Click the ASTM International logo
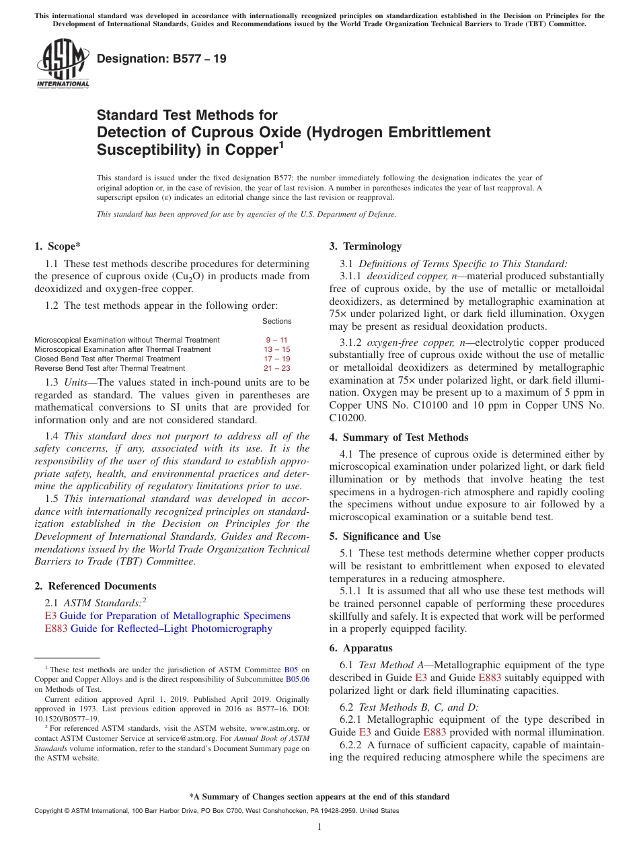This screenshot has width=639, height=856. [63, 63]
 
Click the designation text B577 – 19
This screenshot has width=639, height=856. [161, 59]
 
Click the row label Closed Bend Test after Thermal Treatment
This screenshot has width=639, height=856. [107, 359]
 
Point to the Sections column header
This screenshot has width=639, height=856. [276, 321]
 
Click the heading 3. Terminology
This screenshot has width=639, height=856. [365, 246]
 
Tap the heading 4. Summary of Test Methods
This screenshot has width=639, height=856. [399, 437]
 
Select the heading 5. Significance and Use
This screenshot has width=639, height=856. [385, 536]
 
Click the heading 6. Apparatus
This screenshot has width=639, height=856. [361, 648]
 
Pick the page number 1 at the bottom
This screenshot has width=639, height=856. [319, 826]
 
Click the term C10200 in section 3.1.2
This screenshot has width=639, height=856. [346, 417]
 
